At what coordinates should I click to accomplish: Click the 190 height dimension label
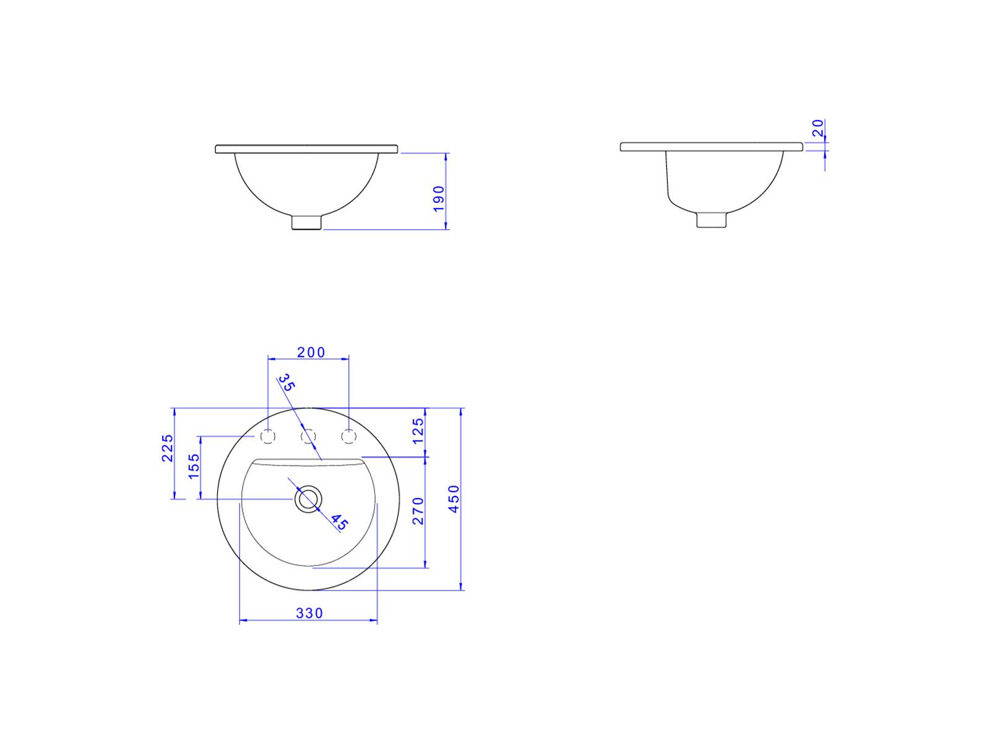(439, 199)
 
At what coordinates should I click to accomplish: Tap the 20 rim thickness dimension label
(818, 128)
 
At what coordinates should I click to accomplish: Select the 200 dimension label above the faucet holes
(311, 352)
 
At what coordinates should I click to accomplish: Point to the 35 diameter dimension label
(287, 383)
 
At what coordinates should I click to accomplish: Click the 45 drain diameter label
(339, 522)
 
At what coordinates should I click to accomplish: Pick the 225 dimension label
(167, 448)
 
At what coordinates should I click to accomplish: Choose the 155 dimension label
(194, 466)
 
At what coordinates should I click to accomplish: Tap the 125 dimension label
(418, 431)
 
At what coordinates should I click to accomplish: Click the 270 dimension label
(418, 511)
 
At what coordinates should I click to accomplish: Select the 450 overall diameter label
(454, 499)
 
